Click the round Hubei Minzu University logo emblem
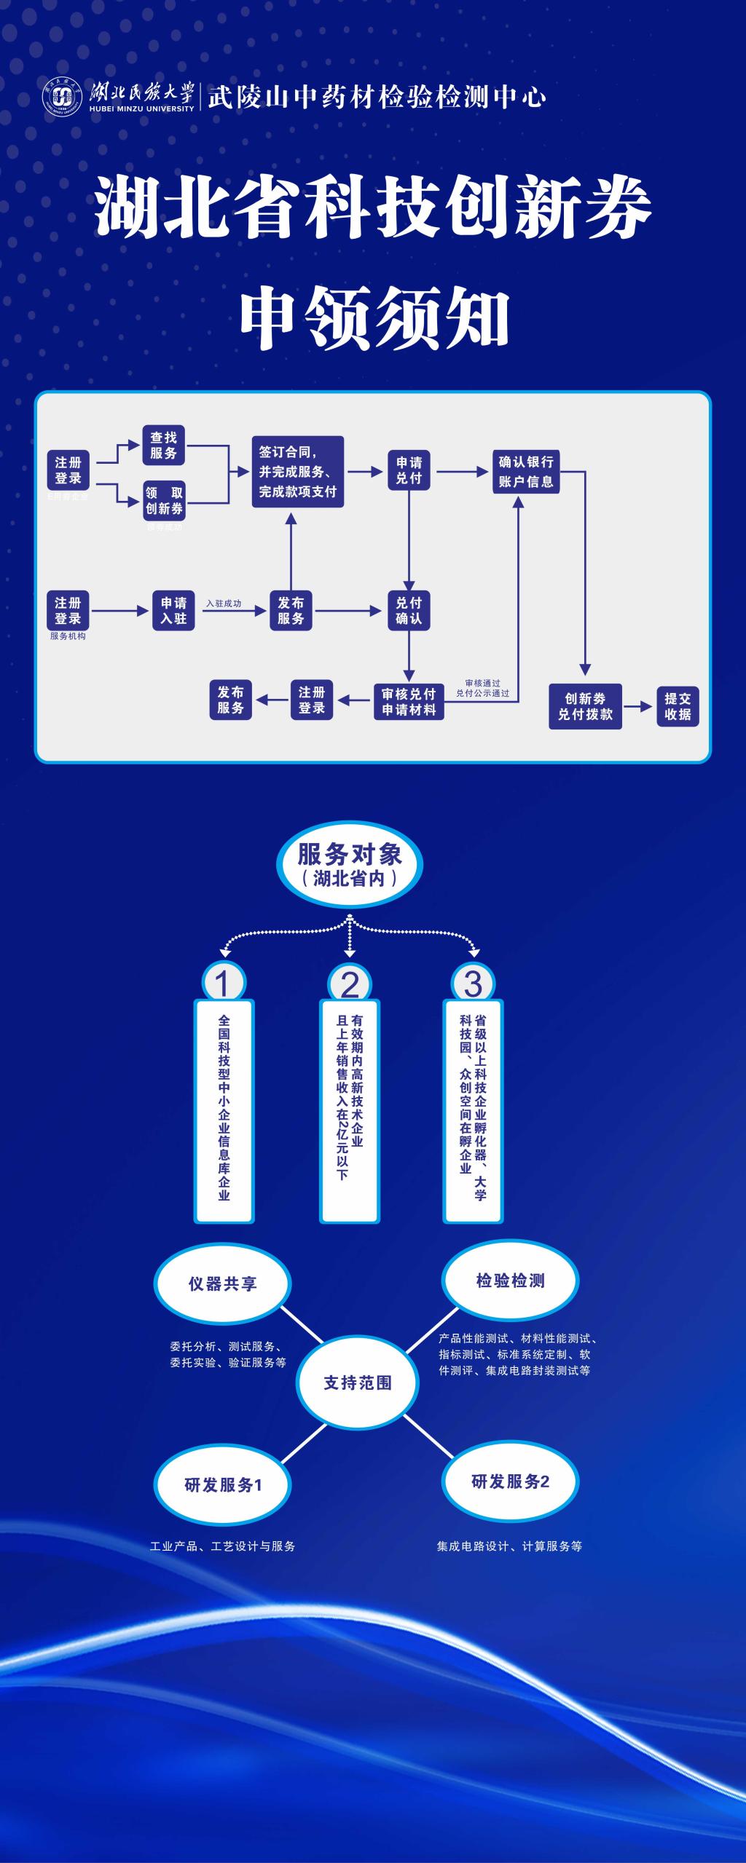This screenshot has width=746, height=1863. click(x=62, y=96)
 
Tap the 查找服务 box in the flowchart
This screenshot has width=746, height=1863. click(x=163, y=445)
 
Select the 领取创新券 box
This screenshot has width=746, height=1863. click(x=164, y=501)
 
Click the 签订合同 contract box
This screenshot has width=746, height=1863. click(x=297, y=472)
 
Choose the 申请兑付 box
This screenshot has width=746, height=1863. click(x=409, y=470)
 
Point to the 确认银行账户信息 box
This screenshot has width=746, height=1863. click(x=526, y=472)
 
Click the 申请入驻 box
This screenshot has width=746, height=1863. click(x=174, y=610)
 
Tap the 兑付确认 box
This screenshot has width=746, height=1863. click(x=409, y=610)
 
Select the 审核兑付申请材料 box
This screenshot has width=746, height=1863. click(x=409, y=702)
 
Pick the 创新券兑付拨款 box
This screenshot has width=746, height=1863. click(x=585, y=706)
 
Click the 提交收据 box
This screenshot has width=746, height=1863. click(x=678, y=706)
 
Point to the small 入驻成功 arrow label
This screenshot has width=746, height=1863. click(x=224, y=604)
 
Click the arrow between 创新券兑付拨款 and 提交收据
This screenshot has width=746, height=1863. click(x=637, y=706)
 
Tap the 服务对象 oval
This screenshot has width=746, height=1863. click(x=350, y=865)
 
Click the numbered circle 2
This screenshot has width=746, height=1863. click(x=350, y=984)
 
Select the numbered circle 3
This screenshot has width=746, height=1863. click(x=473, y=984)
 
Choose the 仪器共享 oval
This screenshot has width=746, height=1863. click(x=222, y=1283)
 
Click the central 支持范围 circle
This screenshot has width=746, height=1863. click(x=357, y=1383)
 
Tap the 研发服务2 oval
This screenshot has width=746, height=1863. click(x=510, y=1482)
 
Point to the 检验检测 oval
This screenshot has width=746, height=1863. click(x=510, y=1281)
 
